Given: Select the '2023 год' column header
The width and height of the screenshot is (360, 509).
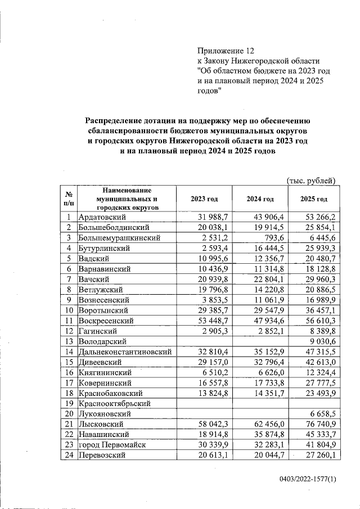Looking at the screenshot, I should tap(196, 199).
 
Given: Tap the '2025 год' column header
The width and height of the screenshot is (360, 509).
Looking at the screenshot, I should tap(314, 199).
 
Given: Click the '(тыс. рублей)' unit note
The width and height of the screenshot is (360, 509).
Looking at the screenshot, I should tap(311, 181).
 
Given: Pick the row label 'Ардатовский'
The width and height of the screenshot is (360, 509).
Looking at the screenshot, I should tap(101, 217).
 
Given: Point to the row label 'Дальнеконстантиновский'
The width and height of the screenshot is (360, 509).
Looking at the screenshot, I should tap(124, 352).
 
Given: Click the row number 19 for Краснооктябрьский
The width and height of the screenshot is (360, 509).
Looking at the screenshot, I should tap(69, 403).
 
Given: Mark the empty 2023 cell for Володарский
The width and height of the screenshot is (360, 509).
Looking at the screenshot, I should tap(196, 341).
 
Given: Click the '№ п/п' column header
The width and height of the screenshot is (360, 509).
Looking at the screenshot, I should tap(69, 199).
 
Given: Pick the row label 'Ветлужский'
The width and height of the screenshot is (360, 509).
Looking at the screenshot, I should tap(99, 289).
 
